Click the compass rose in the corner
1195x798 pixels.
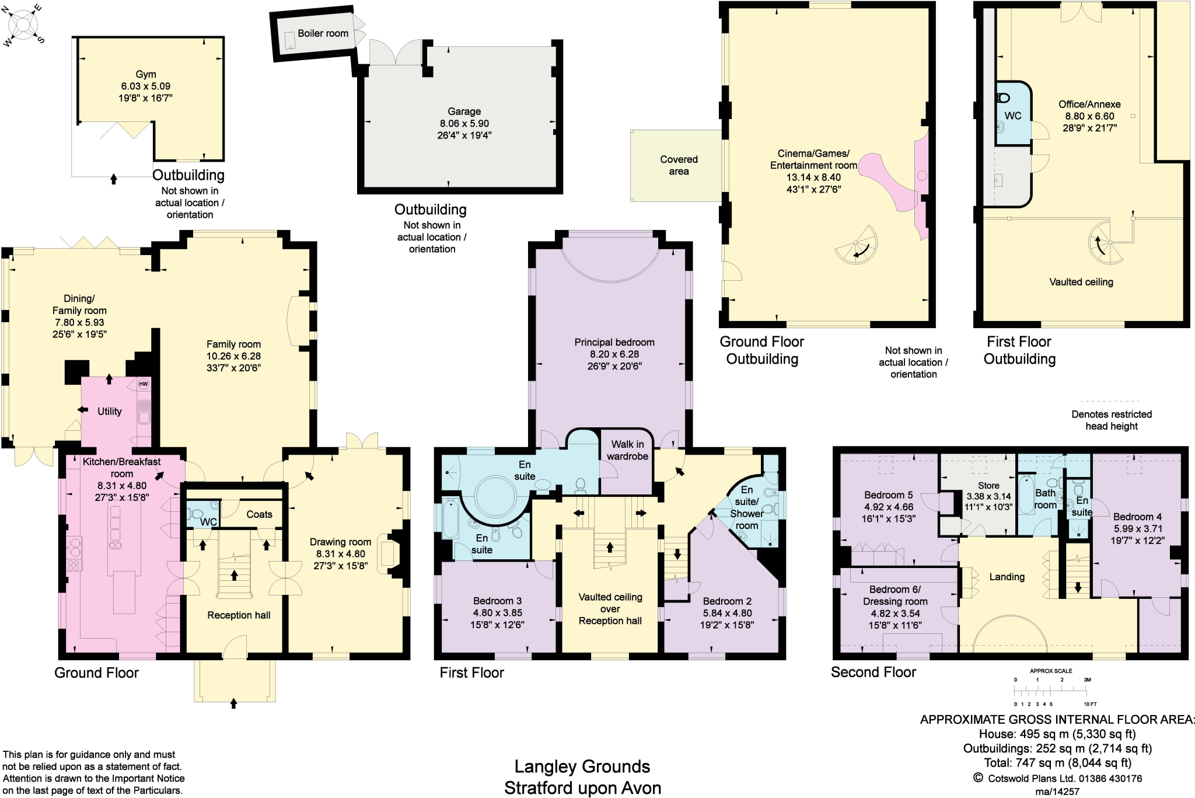(x=24, y=25)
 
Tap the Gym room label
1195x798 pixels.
(x=146, y=74)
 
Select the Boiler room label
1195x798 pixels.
(x=323, y=33)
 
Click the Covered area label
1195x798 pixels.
(x=679, y=165)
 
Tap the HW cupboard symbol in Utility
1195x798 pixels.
(x=144, y=384)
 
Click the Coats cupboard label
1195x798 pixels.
(x=259, y=514)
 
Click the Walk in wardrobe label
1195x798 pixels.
(x=627, y=450)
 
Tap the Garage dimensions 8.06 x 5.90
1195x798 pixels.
(x=464, y=123)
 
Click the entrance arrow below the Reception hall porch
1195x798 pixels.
(x=234, y=703)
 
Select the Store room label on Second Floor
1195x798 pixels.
(x=988, y=485)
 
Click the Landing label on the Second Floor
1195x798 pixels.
(x=1007, y=577)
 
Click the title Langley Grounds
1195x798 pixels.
(x=582, y=766)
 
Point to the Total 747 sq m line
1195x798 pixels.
(x=1057, y=762)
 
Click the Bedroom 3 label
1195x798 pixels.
(x=497, y=601)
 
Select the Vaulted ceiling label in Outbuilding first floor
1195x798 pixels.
(x=1081, y=282)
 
